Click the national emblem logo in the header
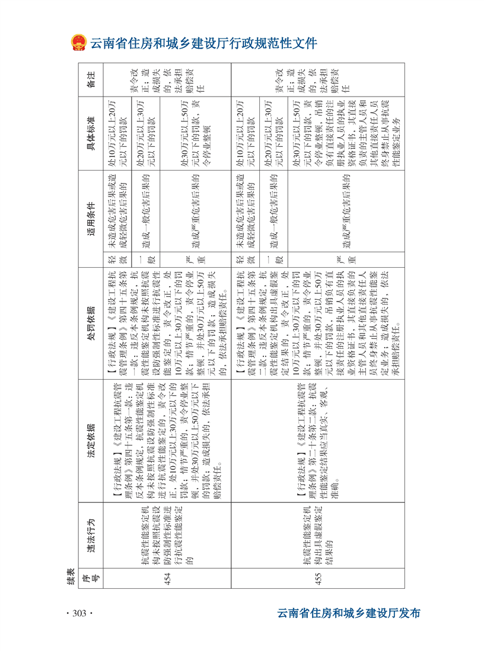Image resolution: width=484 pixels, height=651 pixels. coord(77,43)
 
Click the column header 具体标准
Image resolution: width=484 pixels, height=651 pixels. coord(91,134)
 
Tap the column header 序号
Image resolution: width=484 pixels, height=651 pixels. coord(91,578)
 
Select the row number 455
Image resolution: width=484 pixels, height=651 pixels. coord(318,578)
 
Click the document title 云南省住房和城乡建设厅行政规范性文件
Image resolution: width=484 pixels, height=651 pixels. coord(203,43)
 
